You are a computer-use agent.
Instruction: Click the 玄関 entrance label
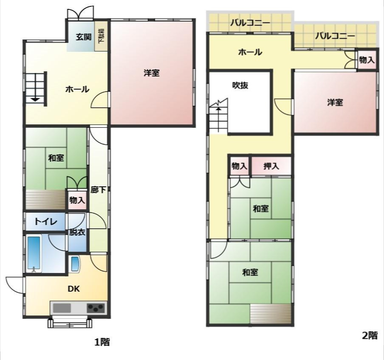(84, 37)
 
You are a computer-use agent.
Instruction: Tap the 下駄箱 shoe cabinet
(101, 36)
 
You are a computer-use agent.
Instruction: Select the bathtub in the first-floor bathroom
(34, 253)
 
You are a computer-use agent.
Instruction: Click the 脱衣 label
(77, 232)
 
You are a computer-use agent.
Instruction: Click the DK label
(74, 289)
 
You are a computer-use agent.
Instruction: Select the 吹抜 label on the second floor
(240, 85)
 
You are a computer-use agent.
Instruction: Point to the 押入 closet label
(271, 166)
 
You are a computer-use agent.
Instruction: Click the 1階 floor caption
(102, 342)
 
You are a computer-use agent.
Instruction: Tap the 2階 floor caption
(369, 335)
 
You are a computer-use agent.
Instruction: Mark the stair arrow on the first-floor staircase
(35, 99)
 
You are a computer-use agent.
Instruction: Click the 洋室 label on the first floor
(151, 73)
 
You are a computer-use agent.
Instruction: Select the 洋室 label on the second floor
(335, 102)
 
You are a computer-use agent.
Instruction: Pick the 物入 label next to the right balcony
(367, 60)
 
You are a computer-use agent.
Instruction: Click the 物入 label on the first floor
(77, 200)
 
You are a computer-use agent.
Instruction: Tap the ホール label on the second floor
(250, 52)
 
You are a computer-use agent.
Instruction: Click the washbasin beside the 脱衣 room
(75, 264)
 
